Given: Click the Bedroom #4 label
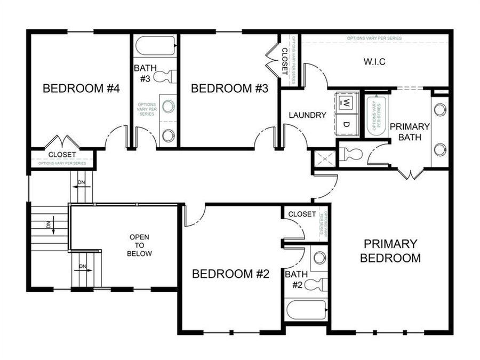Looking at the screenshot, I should (81, 89).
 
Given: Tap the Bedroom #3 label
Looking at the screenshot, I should (229, 89).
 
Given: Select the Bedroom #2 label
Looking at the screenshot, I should (230, 274).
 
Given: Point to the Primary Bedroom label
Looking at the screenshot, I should (390, 251).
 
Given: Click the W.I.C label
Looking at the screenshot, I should (374, 62).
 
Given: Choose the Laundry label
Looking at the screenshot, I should (307, 115).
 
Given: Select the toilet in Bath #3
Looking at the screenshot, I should (167, 76).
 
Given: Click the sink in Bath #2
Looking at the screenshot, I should (319, 258).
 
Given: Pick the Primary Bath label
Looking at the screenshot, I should (410, 131).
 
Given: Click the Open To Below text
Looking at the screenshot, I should (140, 245).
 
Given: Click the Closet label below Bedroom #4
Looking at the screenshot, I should (62, 155).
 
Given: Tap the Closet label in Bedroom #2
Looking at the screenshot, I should (302, 214).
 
